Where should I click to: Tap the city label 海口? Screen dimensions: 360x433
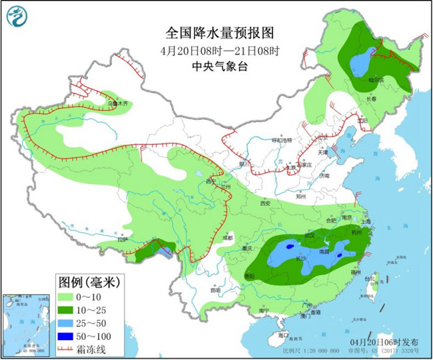[x=283, y=334]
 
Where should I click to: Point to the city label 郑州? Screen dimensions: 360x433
[x=303, y=197]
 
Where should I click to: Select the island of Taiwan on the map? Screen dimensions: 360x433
[x=373, y=283]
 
